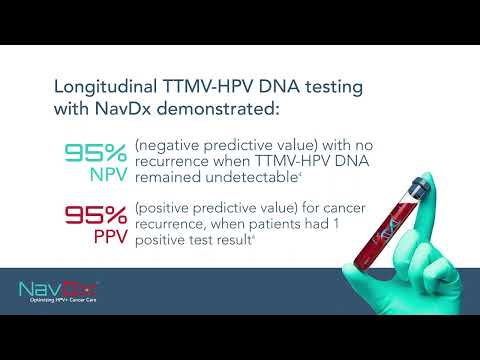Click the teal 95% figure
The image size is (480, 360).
tap(95, 154)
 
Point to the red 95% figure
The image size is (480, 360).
tap(95, 213)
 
